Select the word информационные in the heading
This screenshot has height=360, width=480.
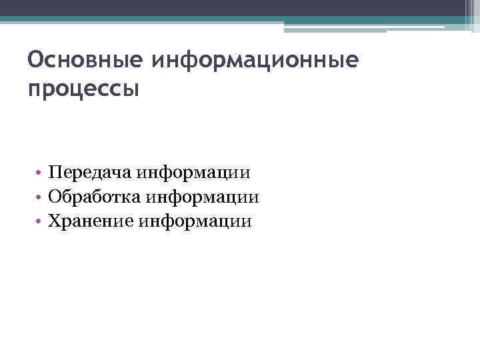click(x=255, y=62)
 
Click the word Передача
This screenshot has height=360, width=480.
click(x=90, y=173)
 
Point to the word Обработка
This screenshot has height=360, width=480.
click(x=95, y=197)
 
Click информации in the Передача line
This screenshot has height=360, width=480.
click(x=194, y=173)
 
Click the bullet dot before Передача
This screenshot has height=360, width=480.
click(x=41, y=174)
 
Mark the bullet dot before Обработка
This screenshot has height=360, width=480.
click(x=41, y=198)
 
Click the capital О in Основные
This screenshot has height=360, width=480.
click(x=35, y=62)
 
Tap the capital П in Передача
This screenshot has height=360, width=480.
click(x=55, y=173)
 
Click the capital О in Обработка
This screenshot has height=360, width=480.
click(x=55, y=197)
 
